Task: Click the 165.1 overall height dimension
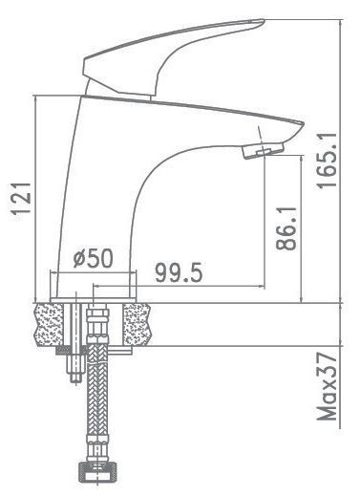click(327, 161)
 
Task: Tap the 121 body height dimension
click(21, 199)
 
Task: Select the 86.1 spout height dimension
click(286, 228)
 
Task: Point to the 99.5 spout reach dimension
click(179, 272)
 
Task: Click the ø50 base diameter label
click(93, 258)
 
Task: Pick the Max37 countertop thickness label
click(327, 386)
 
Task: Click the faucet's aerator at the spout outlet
click(263, 150)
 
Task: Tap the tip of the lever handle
click(262, 22)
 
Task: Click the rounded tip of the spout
click(301, 125)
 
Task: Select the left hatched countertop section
click(49, 324)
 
